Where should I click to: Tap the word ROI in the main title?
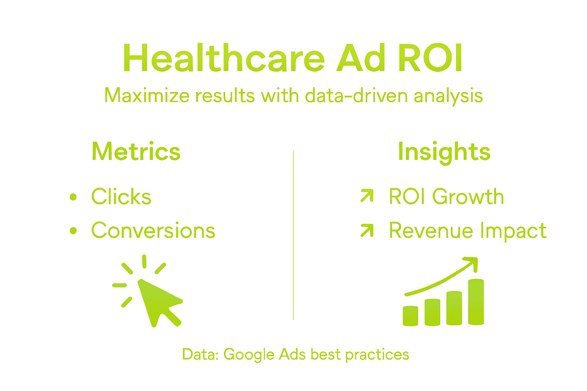[430, 58]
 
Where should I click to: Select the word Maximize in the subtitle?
[147, 95]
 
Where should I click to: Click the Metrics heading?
[136, 152]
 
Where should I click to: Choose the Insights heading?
[444, 152]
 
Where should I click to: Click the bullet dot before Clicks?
[73, 197]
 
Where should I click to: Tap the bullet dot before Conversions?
[73, 231]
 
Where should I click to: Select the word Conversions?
[153, 231]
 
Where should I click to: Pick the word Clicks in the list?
[121, 197]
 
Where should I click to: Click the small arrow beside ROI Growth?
[367, 195]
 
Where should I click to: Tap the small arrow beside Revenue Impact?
[367, 230]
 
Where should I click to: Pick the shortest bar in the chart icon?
[410, 316]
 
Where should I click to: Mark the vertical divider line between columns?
[293, 235]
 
